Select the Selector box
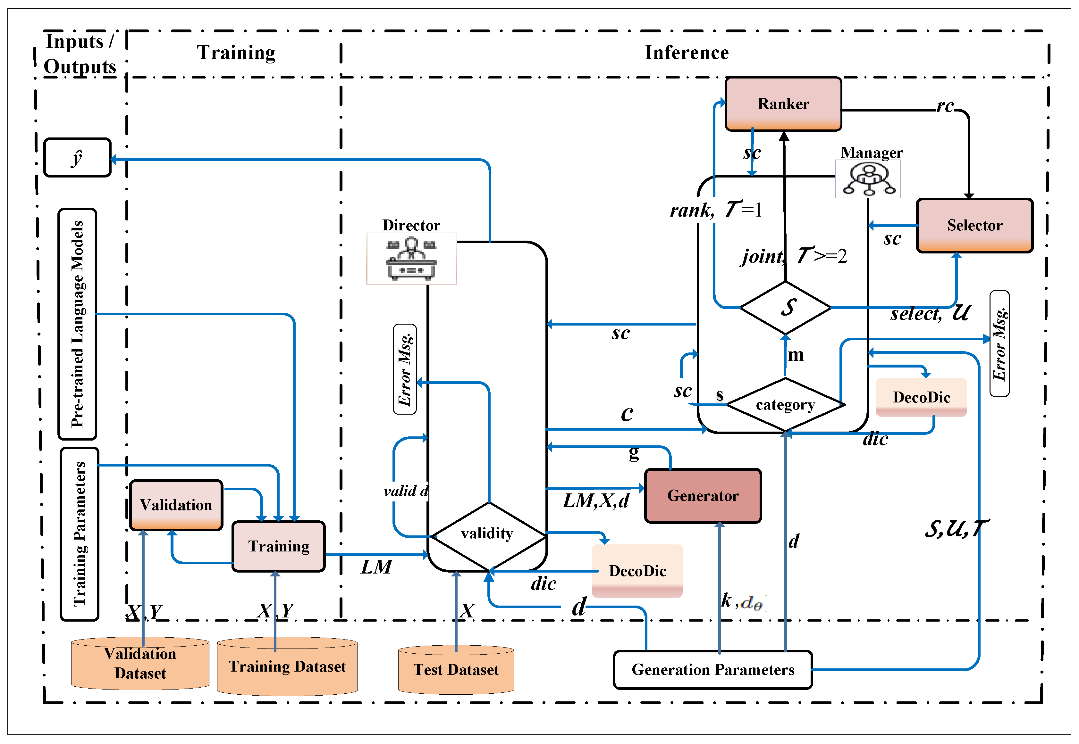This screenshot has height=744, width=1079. [974, 225]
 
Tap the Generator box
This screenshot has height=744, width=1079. [703, 496]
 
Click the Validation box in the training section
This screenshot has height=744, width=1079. [176, 505]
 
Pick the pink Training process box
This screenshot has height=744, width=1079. [279, 546]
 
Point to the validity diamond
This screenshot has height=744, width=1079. [487, 534]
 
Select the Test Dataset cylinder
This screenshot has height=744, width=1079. [456, 670]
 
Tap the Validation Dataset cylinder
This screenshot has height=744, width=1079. [140, 663]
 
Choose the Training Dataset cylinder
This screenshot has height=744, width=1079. [287, 666]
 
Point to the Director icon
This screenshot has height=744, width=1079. [411, 258]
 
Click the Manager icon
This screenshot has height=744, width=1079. [867, 179]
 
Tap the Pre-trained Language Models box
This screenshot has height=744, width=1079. [78, 324]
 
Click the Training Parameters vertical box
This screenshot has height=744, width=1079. [79, 534]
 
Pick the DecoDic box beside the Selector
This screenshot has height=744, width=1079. [921, 397]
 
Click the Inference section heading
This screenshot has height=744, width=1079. [686, 53]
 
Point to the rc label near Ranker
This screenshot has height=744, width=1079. [945, 106]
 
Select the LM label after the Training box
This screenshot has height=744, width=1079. [376, 567]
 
